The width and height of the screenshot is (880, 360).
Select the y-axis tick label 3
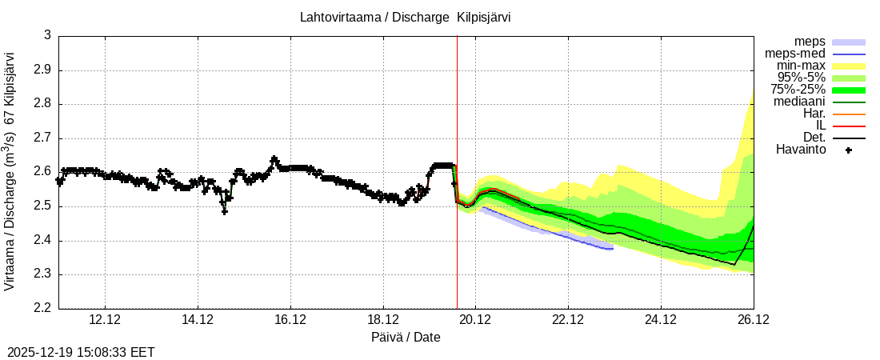pos(47,35)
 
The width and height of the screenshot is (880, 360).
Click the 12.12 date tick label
pos(106,320)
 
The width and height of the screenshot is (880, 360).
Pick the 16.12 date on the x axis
pos(290,320)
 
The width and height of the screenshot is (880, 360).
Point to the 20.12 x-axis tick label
pos(475,320)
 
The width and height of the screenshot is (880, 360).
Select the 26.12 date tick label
pos(753,320)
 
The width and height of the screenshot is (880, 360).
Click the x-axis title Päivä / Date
pos(406,337)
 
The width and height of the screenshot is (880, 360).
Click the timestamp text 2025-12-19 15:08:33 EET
pos(81,352)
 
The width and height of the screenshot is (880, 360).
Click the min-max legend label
pos(801,66)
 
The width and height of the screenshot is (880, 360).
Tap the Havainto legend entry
pos(801,150)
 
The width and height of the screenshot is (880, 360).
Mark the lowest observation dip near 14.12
pos(225,211)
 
